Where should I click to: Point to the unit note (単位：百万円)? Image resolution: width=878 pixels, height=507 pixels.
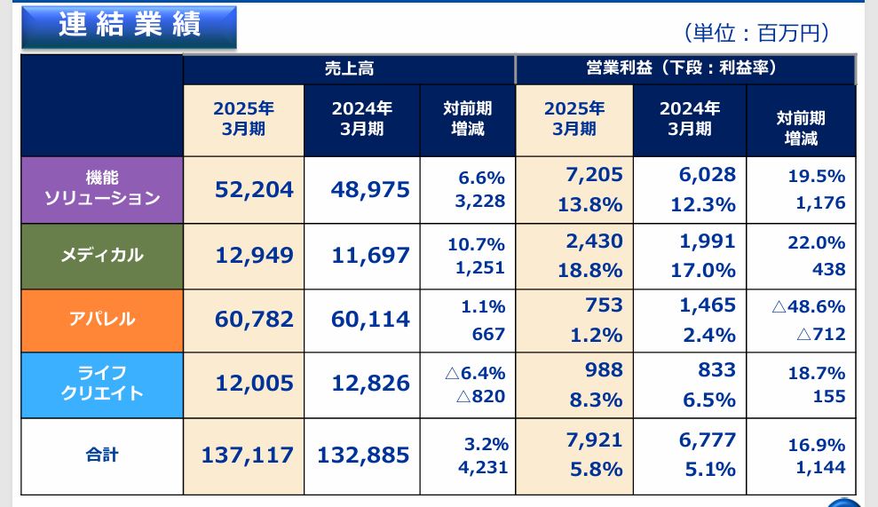point(756,33)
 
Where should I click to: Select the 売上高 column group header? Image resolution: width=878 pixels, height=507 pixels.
point(349,69)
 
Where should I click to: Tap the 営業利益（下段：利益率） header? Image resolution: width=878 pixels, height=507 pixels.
point(684,69)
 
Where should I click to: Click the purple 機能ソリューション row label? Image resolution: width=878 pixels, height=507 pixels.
point(102,188)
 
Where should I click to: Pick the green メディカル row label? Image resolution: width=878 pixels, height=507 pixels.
point(102,256)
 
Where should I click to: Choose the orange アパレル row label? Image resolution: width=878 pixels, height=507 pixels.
point(102,320)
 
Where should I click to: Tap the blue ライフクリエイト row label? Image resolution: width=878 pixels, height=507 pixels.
point(102,384)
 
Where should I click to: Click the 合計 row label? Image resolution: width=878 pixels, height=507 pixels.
point(102,456)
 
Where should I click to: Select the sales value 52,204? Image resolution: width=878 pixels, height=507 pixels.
point(254,189)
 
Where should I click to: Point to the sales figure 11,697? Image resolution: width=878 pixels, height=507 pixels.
point(370,256)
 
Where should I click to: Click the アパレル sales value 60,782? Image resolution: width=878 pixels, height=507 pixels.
point(254,320)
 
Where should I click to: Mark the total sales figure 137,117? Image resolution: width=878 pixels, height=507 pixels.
point(247,456)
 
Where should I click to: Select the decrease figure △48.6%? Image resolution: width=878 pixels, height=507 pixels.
point(808,307)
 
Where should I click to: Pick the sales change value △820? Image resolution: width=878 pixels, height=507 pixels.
point(480,396)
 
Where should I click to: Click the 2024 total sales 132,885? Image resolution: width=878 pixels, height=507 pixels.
point(363,456)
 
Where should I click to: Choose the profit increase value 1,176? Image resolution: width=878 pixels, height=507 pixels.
point(820,203)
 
